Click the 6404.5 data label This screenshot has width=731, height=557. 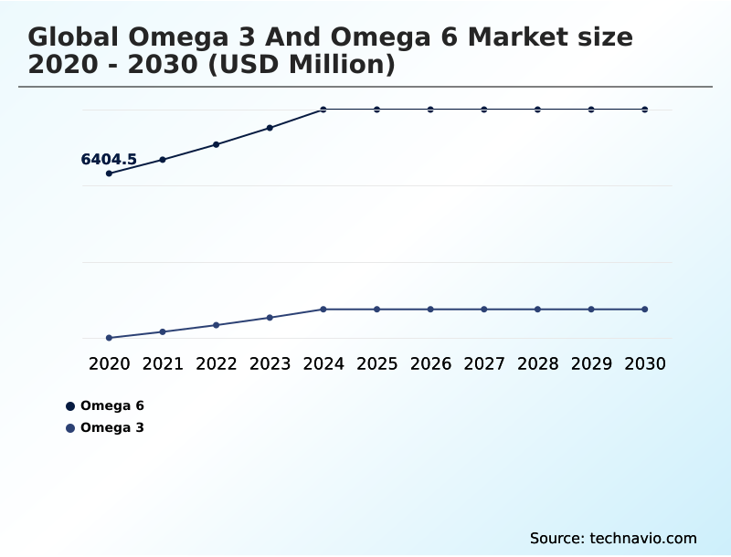[109, 160]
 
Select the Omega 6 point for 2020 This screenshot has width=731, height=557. [110, 173]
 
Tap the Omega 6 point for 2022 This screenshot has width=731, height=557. [217, 144]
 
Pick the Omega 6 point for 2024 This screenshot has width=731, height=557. [323, 110]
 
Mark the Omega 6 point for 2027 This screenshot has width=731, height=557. [484, 110]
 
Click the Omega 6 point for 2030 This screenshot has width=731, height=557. [645, 110]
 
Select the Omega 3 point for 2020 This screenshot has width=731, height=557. [110, 338]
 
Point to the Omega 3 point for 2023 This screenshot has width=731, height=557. [270, 318]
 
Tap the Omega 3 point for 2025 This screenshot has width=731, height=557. [376, 310]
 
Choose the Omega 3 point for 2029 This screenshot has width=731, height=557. [591, 310]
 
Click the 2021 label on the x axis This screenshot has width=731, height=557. [163, 363]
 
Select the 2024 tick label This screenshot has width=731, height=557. [323, 363]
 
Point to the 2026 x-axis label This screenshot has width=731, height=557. [430, 363]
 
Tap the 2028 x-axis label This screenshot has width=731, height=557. [537, 363]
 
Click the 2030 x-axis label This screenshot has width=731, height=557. [645, 363]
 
